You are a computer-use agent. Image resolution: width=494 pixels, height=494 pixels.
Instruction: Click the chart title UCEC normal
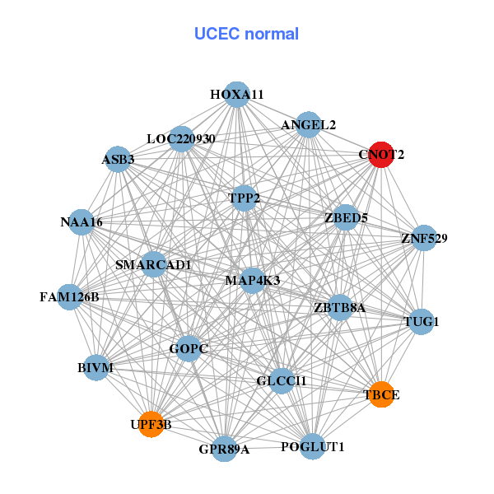[246, 34]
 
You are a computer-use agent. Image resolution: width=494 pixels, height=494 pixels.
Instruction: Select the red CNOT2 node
[380, 154]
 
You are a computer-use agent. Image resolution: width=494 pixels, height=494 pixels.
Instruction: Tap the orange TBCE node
[381, 394]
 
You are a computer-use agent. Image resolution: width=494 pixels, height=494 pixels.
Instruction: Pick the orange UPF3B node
[151, 424]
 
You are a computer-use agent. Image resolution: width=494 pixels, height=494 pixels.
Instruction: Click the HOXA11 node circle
[237, 95]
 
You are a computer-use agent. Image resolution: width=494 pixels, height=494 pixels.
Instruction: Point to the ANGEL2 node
[308, 125]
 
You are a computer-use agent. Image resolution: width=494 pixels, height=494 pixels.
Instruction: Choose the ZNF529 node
[424, 239]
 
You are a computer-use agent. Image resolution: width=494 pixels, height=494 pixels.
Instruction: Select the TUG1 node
[422, 321]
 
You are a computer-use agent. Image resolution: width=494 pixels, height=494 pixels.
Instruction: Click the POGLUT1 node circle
[313, 446]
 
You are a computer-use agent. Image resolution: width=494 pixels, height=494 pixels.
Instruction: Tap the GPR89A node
[224, 449]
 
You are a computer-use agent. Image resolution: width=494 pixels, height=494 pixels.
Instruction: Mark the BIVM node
[96, 367]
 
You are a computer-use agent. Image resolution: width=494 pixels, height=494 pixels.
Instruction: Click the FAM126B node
[69, 296]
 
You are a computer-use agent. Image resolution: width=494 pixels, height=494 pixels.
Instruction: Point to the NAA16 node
[82, 221]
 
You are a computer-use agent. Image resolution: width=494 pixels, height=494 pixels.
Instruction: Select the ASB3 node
[119, 158]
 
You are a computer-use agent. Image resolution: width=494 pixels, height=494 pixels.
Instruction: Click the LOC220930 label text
[181, 139]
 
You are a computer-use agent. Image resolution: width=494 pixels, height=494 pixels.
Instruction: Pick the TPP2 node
[245, 198]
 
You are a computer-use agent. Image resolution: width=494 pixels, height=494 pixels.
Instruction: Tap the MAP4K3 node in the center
[253, 281]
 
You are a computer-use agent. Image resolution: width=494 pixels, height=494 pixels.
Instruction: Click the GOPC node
[189, 348]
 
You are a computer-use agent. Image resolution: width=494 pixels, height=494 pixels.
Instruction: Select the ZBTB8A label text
[339, 309]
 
